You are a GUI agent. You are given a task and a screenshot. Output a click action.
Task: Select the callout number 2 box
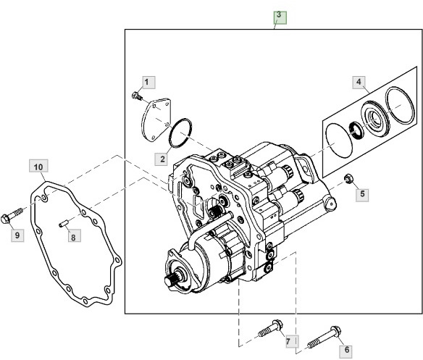pos(163,157)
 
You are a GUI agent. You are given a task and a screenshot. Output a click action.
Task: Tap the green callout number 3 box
pos(280,15)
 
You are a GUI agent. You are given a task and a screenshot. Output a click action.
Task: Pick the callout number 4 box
pos(359,83)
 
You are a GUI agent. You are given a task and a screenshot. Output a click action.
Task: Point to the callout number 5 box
pos(364,194)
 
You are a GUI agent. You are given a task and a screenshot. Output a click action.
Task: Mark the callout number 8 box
pos(72,235)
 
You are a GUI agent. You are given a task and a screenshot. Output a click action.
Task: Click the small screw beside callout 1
pos(135,95)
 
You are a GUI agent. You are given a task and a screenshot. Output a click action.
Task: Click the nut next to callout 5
pos(348,178)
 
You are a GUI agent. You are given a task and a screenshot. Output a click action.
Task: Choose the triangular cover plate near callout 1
pos(155,119)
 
